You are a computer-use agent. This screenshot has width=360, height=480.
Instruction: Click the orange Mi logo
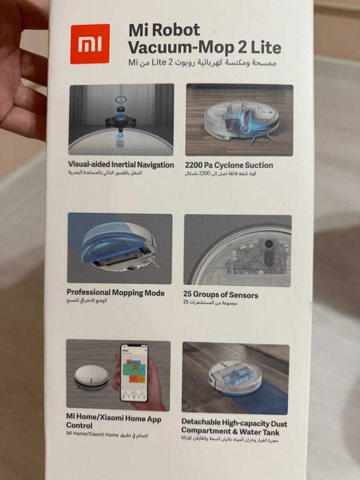click(x=89, y=43)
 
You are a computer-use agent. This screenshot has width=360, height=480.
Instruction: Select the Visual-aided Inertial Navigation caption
click(x=121, y=165)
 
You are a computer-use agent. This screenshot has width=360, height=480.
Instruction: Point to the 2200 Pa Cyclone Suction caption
click(x=229, y=165)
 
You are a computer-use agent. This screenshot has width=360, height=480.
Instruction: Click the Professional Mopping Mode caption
click(x=116, y=293)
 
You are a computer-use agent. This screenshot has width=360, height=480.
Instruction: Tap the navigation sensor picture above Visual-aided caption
click(x=121, y=119)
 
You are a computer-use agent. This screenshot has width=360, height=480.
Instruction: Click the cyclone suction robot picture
click(x=239, y=119)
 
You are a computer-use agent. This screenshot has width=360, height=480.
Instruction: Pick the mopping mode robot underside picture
click(x=119, y=248)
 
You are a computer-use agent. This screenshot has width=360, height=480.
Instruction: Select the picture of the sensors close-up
click(x=237, y=250)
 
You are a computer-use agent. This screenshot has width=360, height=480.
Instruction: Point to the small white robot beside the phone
click(x=91, y=376)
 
